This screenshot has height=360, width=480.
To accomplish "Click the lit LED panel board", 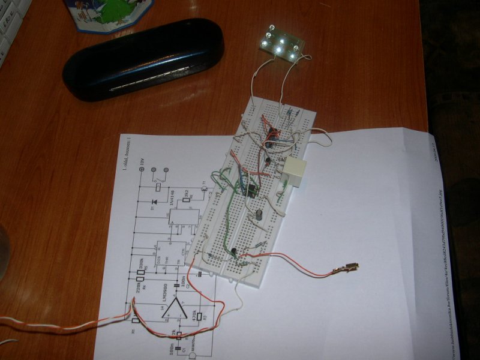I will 280,43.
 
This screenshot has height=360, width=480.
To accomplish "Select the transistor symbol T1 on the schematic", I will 204,190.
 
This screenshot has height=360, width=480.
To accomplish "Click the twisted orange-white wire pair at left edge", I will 36,324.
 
